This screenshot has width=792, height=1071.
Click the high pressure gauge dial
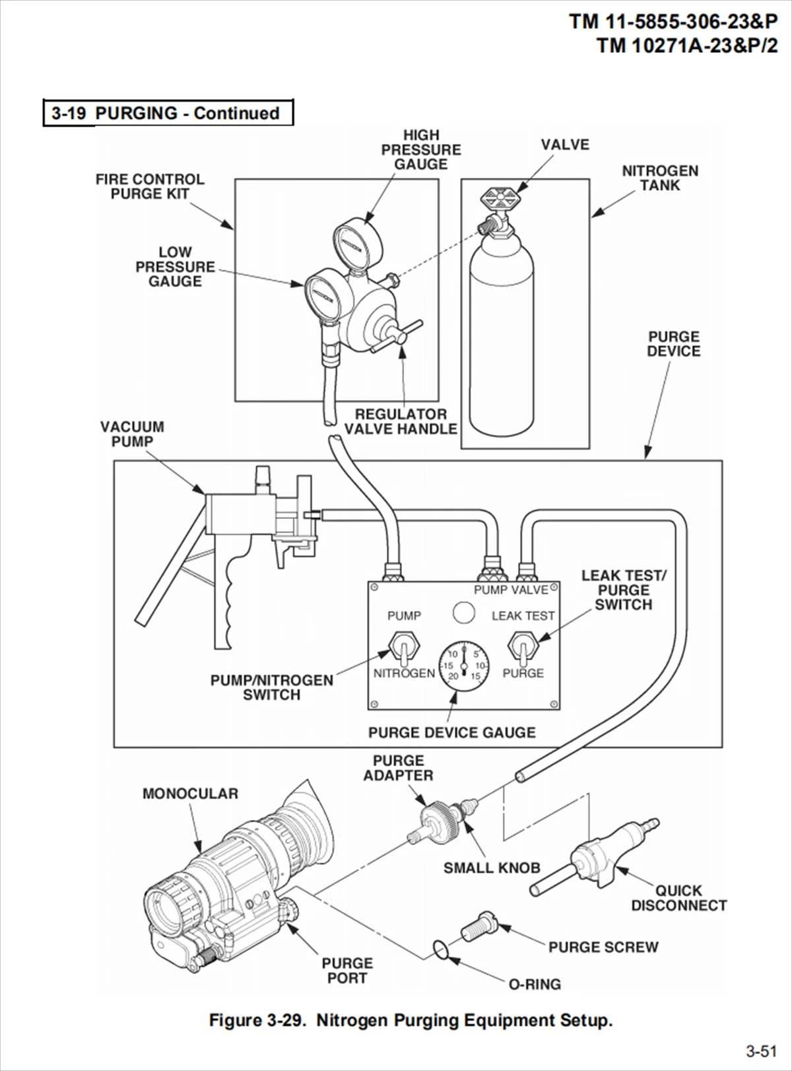tap(358, 240)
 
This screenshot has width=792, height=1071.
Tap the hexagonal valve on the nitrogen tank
tap(503, 199)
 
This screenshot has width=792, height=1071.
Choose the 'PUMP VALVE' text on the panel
tap(511, 590)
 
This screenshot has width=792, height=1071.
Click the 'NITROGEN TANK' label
tap(660, 178)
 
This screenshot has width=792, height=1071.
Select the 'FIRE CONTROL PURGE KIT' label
tap(150, 186)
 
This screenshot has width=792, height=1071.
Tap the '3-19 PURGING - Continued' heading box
tap(168, 113)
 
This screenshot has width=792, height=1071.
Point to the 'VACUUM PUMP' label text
tap(132, 434)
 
